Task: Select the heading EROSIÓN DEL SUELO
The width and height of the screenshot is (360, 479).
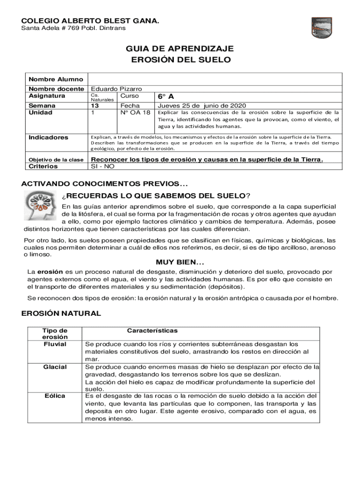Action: pos(180,60)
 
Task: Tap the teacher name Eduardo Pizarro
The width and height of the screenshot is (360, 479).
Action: pos(116,88)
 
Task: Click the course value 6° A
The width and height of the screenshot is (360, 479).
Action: pos(166,96)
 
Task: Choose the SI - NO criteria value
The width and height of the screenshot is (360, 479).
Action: pos(102,166)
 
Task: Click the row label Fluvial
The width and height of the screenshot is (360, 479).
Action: pos(55,344)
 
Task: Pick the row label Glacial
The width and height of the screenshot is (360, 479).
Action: pos(55,367)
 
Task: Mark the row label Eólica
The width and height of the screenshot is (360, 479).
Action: pos(55,396)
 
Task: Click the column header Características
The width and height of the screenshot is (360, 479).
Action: pos(152,330)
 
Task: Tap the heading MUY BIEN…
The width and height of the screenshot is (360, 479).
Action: pos(180,262)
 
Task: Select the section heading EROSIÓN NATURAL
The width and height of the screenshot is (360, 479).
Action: pos(61,313)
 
